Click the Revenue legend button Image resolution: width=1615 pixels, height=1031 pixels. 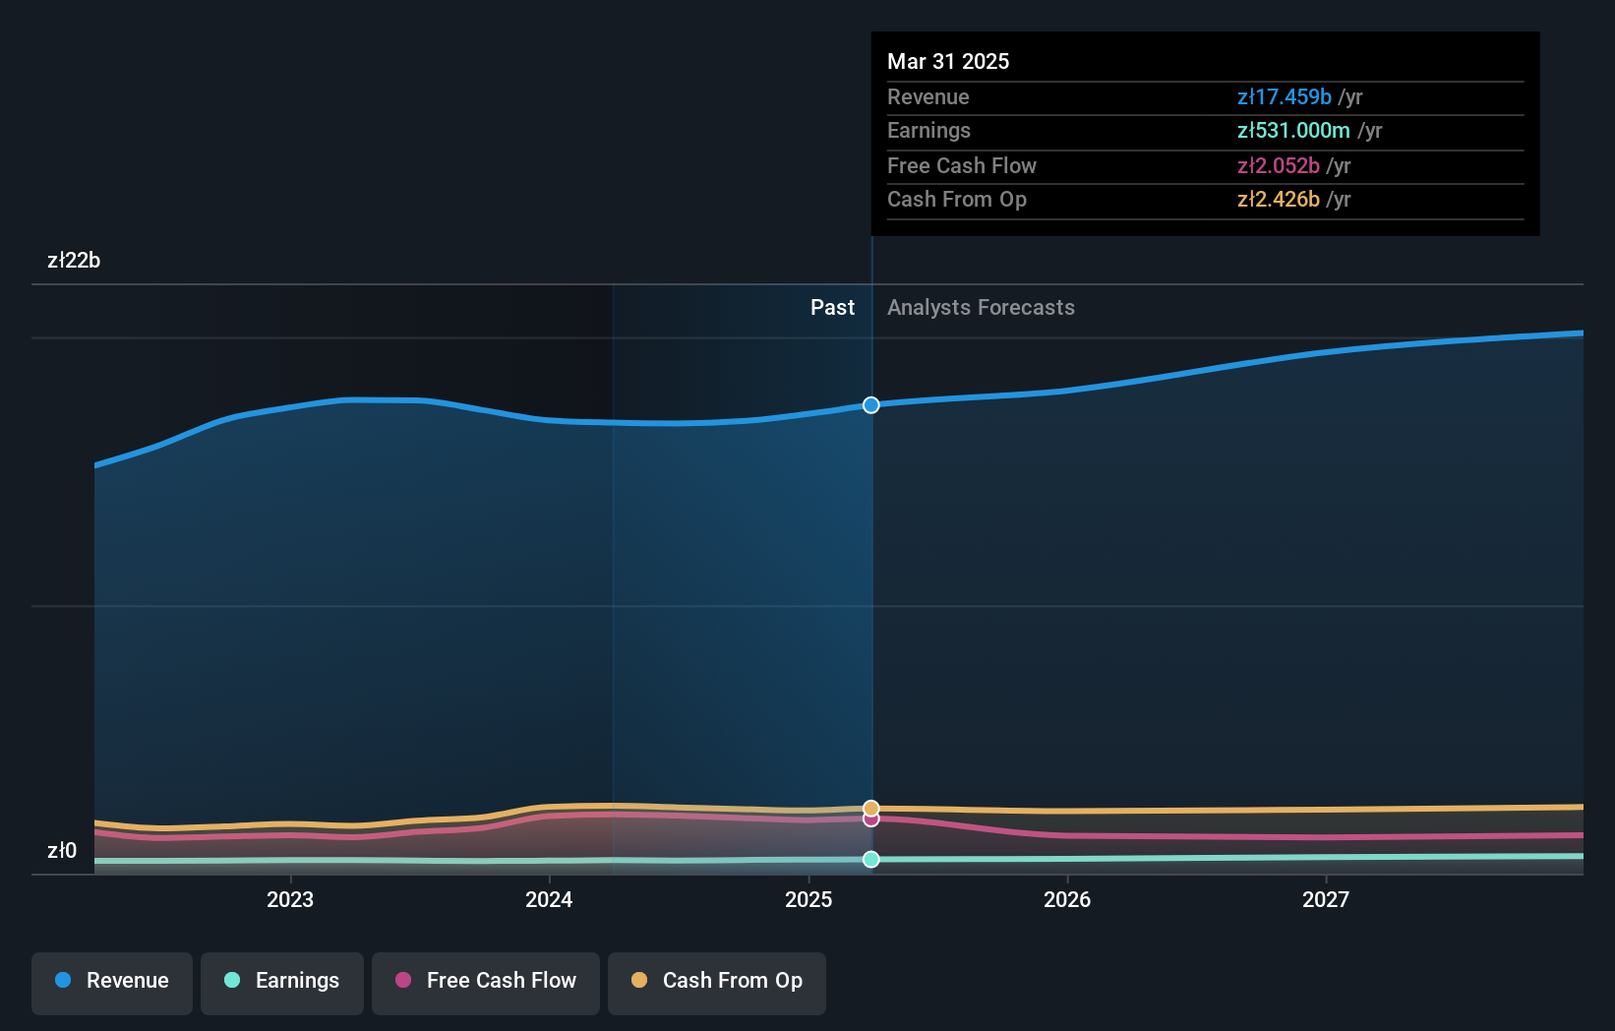[x=112, y=981]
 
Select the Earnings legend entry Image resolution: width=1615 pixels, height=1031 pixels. [x=282, y=981]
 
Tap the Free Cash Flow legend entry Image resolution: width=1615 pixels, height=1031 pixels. [x=486, y=981]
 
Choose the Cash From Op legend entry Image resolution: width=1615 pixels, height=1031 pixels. [x=717, y=981]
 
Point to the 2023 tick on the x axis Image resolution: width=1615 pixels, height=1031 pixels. [x=290, y=899]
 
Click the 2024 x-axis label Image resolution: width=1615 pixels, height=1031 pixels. [x=549, y=899]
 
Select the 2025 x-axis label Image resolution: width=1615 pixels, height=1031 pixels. [x=808, y=899]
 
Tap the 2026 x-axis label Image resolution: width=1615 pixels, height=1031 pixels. [x=1067, y=899]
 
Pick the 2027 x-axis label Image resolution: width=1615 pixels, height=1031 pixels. [x=1326, y=899]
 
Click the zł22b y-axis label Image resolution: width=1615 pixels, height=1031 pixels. [x=74, y=261]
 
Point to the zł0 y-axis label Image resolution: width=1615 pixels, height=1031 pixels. [x=62, y=851]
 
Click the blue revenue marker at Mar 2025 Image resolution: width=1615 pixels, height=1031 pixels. [x=871, y=405]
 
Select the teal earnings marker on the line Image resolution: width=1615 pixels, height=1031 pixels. [x=871, y=860]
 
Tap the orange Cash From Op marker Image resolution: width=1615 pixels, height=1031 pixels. [x=871, y=809]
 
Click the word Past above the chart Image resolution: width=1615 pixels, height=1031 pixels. [x=832, y=308]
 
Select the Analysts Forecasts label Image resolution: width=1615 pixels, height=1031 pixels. [x=981, y=308]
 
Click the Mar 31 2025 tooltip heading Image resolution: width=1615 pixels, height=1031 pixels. [x=948, y=61]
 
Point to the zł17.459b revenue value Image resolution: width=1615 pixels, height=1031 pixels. [x=1284, y=97]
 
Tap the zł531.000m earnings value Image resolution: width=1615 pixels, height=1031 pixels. [x=1293, y=131]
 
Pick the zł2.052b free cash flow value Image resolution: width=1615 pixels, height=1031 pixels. [x=1278, y=166]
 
